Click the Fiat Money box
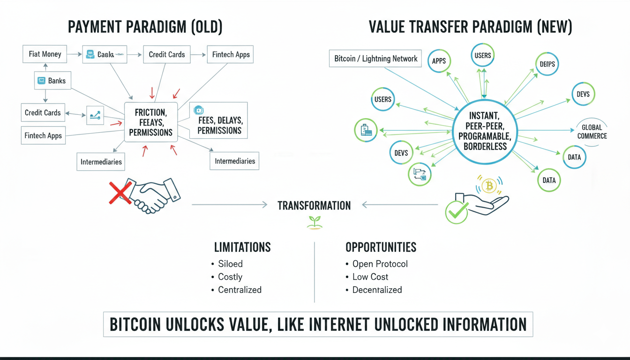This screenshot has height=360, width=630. pos(45,54)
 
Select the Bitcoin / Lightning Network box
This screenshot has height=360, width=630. pos(375,59)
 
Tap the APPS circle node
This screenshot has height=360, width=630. pos(439,61)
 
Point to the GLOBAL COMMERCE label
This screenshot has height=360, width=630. pos(592,132)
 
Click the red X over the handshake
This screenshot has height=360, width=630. pos(120,193)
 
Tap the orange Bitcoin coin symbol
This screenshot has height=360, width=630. pos(489,187)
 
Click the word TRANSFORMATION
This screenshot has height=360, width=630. pos(314,205)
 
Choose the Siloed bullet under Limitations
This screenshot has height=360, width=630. pos(230,264)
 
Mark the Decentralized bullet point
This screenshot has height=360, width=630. pos(377,290)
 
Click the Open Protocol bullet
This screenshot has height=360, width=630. pos(380,264)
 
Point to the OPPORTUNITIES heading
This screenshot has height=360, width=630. pos(381,247)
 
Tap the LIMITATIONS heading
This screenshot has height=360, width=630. pos(242,247)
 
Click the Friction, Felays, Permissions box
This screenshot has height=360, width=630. pos(150,122)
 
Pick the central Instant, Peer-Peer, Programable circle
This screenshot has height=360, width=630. pos(485,131)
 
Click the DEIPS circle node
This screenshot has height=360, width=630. pos(546,65)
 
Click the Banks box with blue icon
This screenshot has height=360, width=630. pos(51,81)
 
